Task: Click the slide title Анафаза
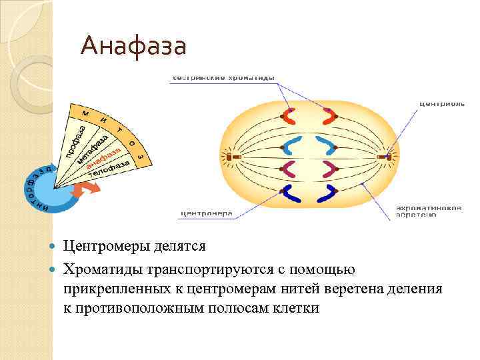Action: [133, 47]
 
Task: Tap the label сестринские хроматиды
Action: [224, 78]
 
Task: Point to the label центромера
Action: [206, 214]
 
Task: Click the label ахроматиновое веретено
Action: [429, 211]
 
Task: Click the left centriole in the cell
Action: [229, 157]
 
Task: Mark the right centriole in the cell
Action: [388, 157]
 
